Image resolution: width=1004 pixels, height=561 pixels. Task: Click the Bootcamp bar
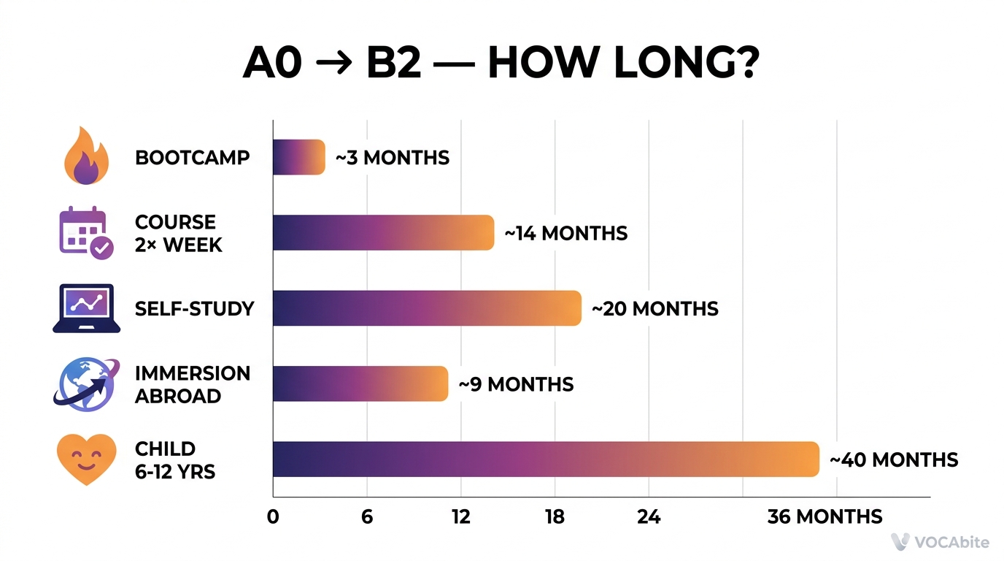click(x=298, y=157)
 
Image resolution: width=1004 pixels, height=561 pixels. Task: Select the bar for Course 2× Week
click(x=383, y=232)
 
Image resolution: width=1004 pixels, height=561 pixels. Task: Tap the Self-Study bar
click(x=427, y=308)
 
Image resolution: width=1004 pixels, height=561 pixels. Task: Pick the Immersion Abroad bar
click(x=360, y=383)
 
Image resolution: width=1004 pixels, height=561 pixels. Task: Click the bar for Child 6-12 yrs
click(x=546, y=459)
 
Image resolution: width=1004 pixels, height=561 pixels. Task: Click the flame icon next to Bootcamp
click(x=86, y=156)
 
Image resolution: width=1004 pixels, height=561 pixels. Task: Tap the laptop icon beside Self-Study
click(x=86, y=308)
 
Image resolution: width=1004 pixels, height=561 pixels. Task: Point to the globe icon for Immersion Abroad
click(x=85, y=384)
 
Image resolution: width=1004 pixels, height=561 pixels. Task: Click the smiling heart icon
click(x=86, y=459)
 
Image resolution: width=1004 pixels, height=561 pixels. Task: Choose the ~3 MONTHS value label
click(x=392, y=158)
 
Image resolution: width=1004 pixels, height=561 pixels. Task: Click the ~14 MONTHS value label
click(x=565, y=233)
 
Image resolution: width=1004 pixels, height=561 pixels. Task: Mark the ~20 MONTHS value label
click(x=654, y=309)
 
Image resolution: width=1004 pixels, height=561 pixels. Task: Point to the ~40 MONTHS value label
click(x=894, y=460)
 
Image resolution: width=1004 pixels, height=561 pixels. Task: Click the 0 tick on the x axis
click(x=273, y=517)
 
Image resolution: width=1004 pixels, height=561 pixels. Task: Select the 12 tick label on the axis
click(x=460, y=517)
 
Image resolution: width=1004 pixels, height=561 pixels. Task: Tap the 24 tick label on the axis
click(x=649, y=517)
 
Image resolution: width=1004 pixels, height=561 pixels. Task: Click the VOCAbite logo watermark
click(x=940, y=542)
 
